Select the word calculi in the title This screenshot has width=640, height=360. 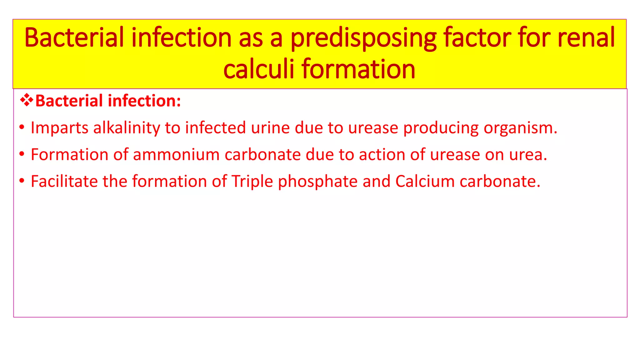click(258, 69)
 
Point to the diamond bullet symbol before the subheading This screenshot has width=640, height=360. click(27, 100)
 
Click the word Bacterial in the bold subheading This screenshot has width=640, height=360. click(69, 101)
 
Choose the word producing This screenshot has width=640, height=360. click(441, 128)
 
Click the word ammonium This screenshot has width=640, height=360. click(176, 155)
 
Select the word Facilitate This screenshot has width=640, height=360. click(64, 181)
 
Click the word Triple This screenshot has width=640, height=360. click(252, 181)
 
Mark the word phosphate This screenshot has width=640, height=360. click(317, 181)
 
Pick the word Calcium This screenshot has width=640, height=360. click(425, 181)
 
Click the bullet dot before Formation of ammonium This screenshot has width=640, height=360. click(22, 154)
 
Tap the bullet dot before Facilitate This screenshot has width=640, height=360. click(22, 181)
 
